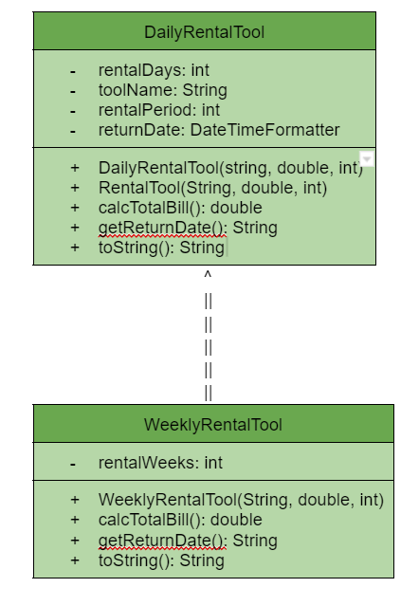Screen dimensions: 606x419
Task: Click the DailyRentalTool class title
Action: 204,32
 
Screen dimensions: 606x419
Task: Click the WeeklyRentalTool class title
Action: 212,424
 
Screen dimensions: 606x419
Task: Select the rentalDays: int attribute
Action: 154,70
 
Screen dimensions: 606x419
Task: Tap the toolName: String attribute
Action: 162,90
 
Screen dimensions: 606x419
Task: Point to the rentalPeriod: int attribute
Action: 159,110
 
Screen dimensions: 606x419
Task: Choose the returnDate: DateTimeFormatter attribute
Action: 218,130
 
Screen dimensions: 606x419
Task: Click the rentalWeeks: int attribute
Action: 160,463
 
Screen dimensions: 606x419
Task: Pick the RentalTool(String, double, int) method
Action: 212,188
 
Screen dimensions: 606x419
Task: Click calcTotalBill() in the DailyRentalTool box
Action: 179,208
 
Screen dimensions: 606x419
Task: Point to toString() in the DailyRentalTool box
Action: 161,248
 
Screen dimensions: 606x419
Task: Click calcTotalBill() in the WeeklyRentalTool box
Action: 179,520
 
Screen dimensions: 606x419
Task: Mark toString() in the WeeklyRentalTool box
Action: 161,560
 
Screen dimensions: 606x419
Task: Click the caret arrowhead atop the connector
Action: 208,276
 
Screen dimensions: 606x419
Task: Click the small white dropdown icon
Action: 367,158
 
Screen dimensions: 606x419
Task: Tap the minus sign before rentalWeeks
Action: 73,464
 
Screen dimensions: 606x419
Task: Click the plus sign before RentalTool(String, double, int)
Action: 75,188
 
